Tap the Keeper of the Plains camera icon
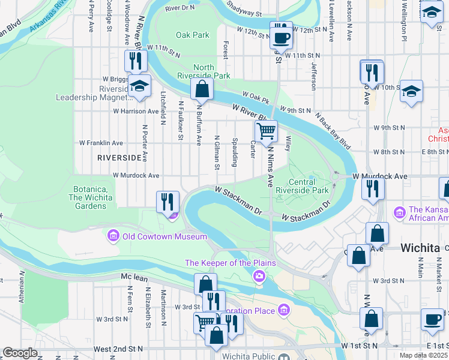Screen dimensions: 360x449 pos(259,275)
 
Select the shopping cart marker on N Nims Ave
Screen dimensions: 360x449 pos(265,130)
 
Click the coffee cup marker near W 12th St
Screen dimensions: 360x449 pos(280,37)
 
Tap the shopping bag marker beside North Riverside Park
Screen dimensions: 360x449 pos(202,90)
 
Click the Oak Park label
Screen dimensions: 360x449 pos(192,35)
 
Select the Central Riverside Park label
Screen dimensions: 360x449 pos(309,186)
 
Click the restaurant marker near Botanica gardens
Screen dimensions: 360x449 pos(167,201)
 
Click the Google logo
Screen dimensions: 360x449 pos(20,353)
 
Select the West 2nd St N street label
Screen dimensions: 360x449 pos(118,349)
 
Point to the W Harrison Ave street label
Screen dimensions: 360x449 pos(136,111)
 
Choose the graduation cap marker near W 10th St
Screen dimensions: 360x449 pos(411,91)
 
